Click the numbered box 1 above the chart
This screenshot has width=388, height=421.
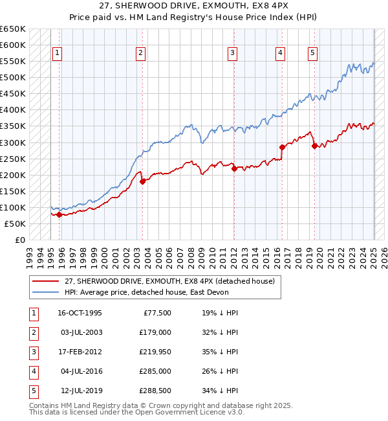pos(58,53)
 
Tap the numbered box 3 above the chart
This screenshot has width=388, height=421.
pos(232,53)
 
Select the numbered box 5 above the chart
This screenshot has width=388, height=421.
pos(312,53)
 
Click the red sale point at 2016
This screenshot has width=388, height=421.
pos(282,147)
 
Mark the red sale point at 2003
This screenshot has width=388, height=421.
pos(142,181)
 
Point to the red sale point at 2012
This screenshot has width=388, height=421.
pos(234,168)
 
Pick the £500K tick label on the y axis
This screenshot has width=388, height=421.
pos(12,78)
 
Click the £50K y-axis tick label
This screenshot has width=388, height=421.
pos(15,223)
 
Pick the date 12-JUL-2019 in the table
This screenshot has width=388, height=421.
pos(80,391)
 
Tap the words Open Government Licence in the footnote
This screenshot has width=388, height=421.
pos(185,412)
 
